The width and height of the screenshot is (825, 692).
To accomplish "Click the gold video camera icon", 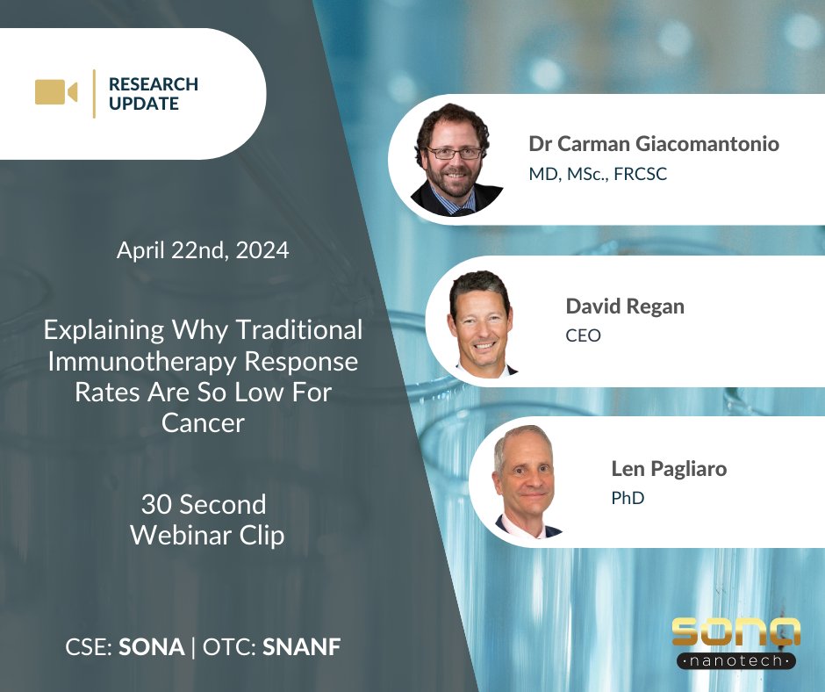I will [55, 92].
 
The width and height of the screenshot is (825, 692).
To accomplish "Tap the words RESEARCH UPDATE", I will [154, 94].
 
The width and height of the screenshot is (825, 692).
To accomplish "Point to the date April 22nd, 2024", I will [203, 250].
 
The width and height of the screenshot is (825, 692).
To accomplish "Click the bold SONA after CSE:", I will [152, 648].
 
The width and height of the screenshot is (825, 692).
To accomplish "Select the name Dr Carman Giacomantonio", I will [653, 144].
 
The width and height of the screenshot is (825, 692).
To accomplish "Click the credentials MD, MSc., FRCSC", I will [598, 174].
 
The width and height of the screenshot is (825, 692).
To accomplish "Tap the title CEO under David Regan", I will [584, 335].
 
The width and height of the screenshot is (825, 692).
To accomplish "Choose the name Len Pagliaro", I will [669, 468].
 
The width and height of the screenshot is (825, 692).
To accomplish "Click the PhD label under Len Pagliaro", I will [628, 498].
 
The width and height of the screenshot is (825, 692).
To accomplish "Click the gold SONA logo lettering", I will [735, 633].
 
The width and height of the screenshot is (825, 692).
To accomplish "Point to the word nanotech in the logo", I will [735, 660].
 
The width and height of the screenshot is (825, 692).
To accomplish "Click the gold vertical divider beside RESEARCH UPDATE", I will [94, 94].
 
